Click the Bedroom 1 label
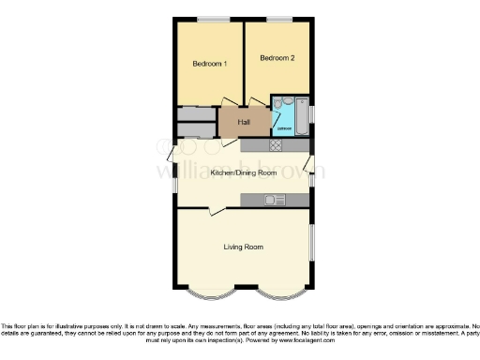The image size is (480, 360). pyautogui.click(x=209, y=64)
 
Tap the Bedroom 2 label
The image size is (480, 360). pyautogui.click(x=277, y=58)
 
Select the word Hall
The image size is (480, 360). pyautogui.click(x=244, y=122)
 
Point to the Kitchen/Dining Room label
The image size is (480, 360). pyautogui.click(x=243, y=173)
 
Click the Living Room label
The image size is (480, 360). pyautogui.click(x=243, y=247)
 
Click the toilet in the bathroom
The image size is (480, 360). pyautogui.click(x=287, y=102)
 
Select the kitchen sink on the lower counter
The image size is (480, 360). pyautogui.click(x=273, y=200)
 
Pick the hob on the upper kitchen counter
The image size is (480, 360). pyautogui.click(x=277, y=145)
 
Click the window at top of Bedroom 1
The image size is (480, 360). pyautogui.click(x=212, y=19)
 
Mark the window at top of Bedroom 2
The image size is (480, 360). pyautogui.click(x=278, y=19)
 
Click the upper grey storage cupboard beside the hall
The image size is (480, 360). pyautogui.click(x=196, y=114)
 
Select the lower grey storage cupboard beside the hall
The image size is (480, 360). pyautogui.click(x=196, y=130)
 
